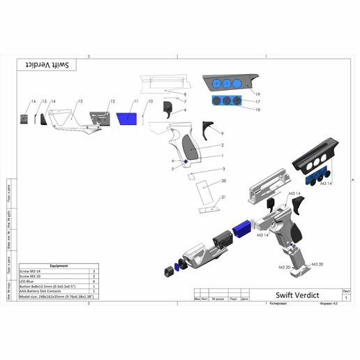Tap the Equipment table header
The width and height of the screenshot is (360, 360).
[59, 266]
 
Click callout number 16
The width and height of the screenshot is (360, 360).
[33, 102]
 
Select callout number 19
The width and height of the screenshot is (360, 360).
[257, 93]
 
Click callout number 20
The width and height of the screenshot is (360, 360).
[223, 180]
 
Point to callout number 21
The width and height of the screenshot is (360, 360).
[223, 197]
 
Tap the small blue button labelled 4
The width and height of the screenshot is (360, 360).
[185, 160]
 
